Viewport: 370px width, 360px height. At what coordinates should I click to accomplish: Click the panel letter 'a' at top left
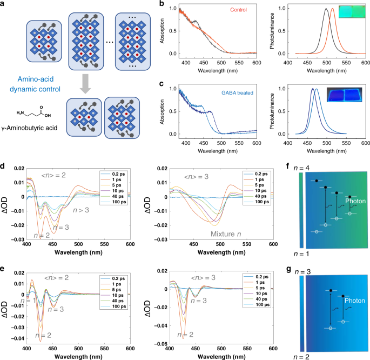[x=4, y=4]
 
